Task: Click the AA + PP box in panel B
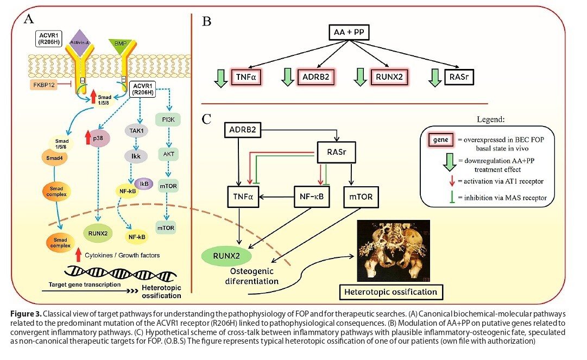(349, 32)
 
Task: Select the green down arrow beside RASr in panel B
(435, 78)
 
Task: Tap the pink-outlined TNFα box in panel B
(246, 77)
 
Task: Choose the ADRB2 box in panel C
(243, 130)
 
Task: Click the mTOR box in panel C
(361, 197)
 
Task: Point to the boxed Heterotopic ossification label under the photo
(391, 292)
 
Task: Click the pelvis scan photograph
(394, 250)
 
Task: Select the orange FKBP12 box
(44, 85)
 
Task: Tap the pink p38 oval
(98, 138)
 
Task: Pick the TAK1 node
(136, 131)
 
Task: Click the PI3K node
(168, 120)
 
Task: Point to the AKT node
(168, 154)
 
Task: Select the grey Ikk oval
(136, 156)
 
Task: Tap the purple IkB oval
(144, 184)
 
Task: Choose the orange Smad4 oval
(55, 158)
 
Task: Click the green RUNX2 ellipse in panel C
(226, 256)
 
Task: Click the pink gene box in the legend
(440, 140)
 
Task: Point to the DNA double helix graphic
(121, 273)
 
